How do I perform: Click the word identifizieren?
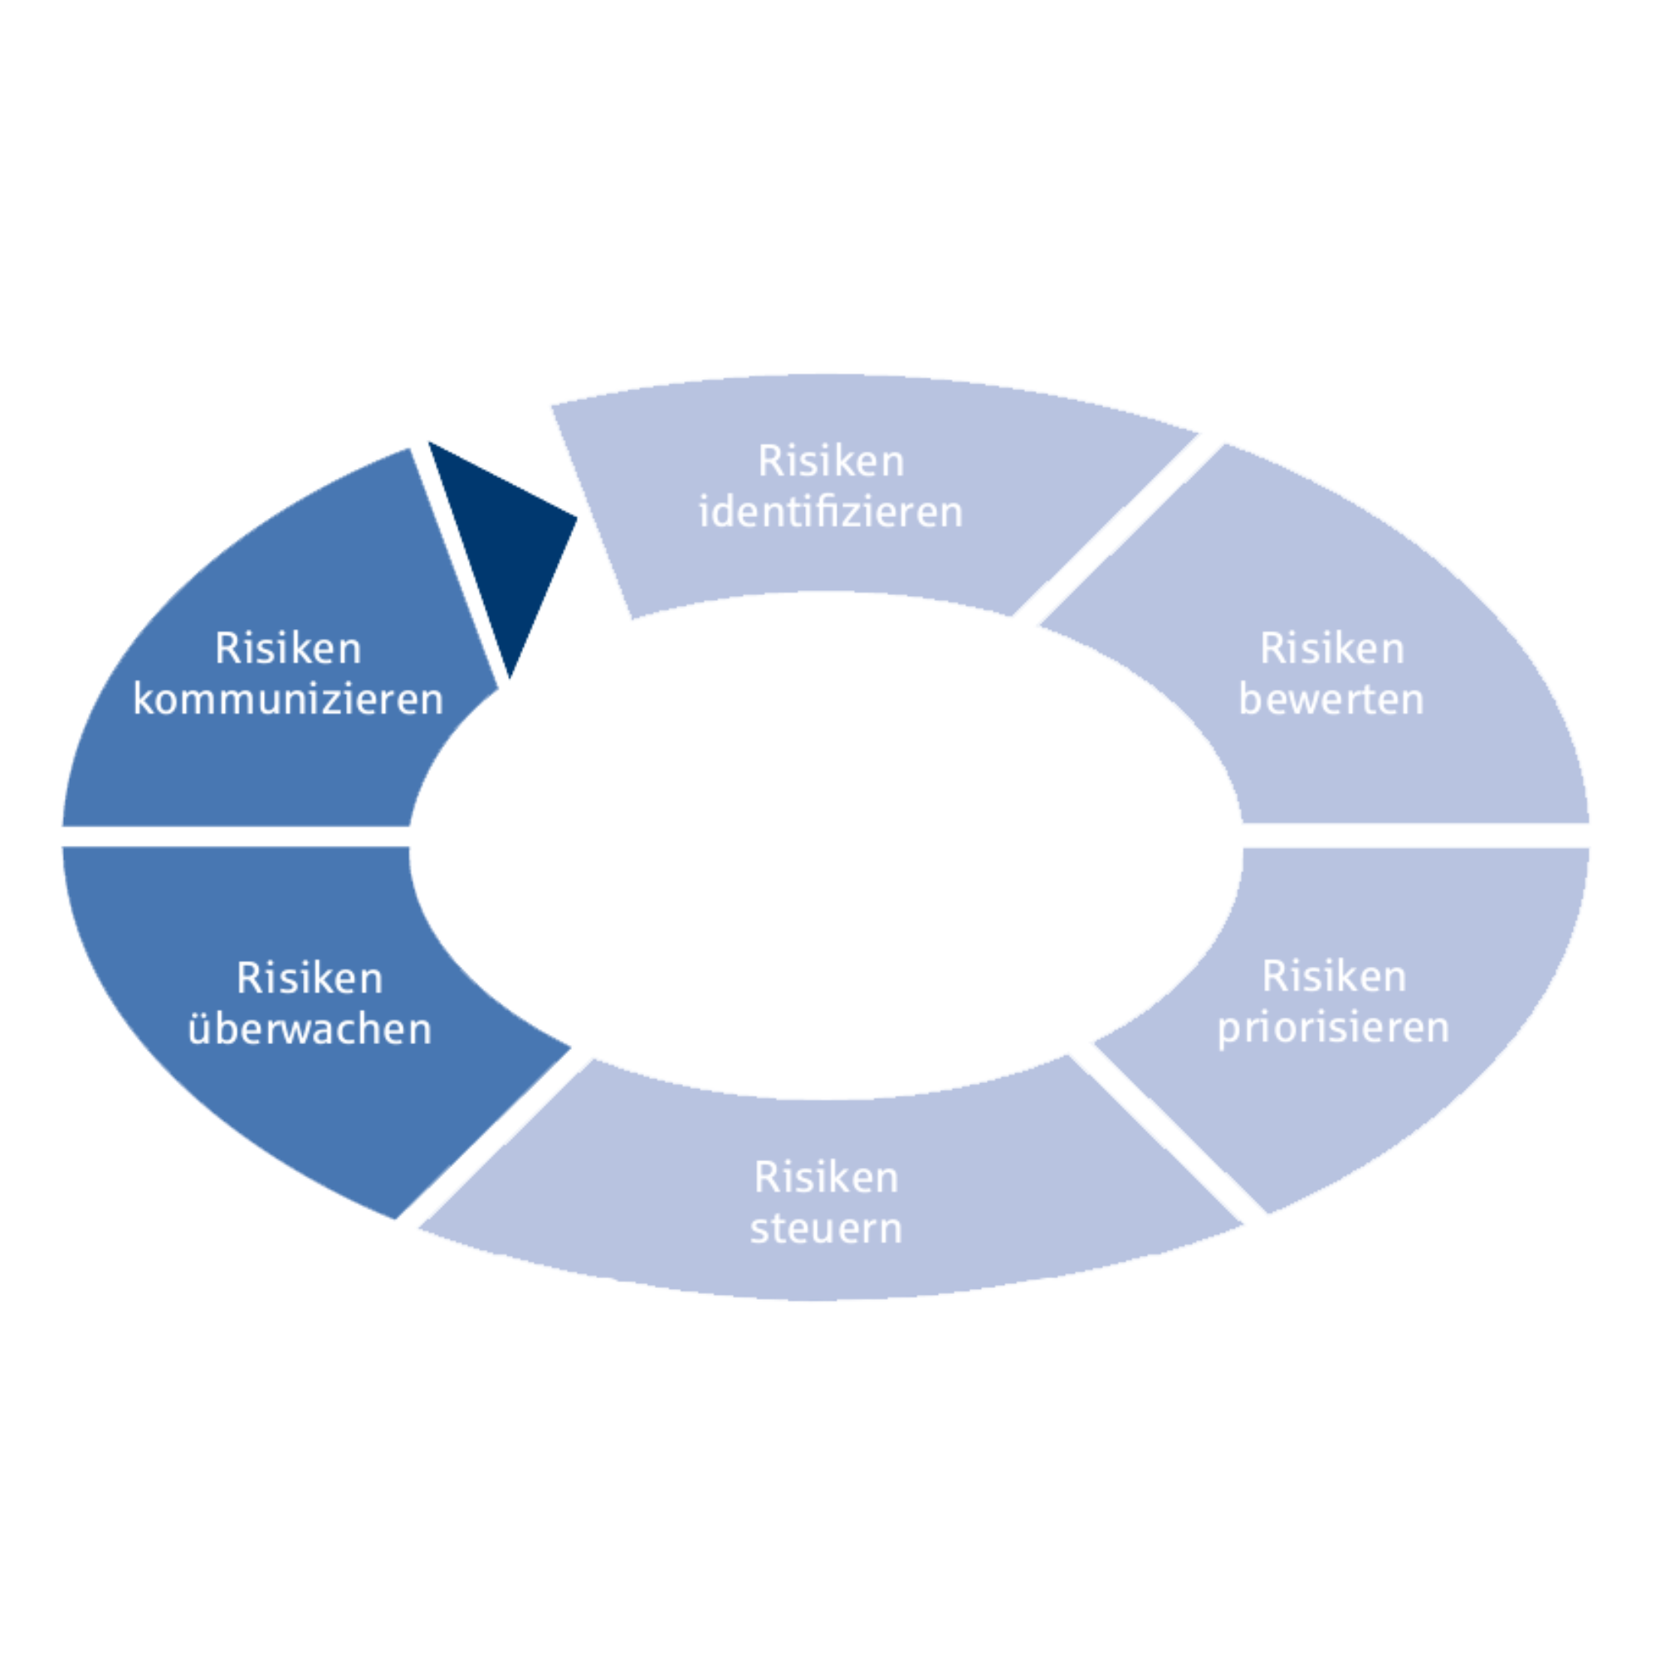831,513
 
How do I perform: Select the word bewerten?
1331,700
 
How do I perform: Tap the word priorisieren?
1334,1028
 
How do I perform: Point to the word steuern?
826,1228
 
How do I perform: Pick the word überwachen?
310,1028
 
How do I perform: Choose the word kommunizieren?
288,700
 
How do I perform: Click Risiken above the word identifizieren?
831,461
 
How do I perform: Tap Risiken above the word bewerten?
1332,649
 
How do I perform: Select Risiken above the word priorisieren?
1334,977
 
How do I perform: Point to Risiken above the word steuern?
826,1177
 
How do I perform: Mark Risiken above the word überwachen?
310,979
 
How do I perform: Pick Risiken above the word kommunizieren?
288,649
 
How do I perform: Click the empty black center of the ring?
825,842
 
